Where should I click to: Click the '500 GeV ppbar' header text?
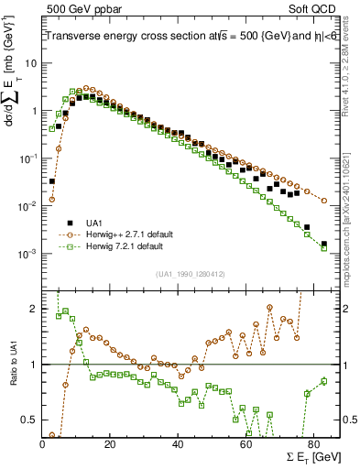[x=80, y=8]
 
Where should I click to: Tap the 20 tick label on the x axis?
[x=110, y=442]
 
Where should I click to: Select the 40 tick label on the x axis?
[x=177, y=442]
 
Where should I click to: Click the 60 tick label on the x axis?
[x=245, y=442]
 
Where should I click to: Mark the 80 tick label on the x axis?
[x=312, y=442]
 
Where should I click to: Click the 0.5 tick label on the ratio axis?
[x=27, y=420]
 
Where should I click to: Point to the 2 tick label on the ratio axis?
[x=33, y=309]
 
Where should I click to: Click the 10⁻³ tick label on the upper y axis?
[x=27, y=254]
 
